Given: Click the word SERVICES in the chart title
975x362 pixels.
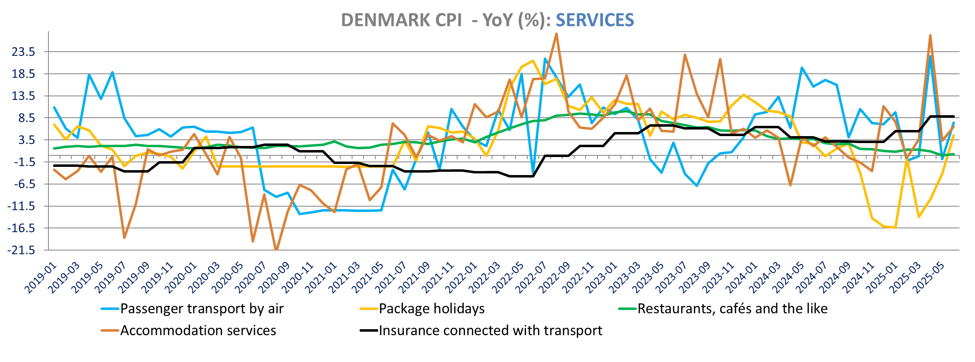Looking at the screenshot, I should click(595, 20).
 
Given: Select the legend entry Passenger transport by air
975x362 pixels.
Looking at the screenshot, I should click(201, 309).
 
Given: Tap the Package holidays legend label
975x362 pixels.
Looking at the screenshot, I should click(431, 309).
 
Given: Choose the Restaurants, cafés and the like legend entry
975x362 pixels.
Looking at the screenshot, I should click(732, 309).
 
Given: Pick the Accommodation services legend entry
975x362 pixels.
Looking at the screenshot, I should click(198, 330).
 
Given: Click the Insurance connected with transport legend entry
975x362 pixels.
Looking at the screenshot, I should click(490, 330).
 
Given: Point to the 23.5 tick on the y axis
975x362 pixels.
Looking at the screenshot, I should click(24, 52).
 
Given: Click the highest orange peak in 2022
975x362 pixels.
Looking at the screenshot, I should click(556, 34).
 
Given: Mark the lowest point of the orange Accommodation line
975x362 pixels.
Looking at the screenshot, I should click(276, 249).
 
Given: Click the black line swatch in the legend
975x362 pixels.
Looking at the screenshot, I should click(368, 330).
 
